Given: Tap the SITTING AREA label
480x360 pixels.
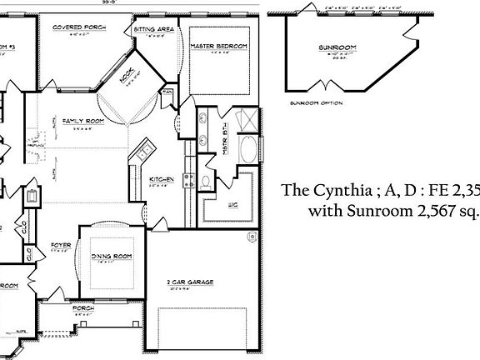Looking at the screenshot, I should [x=154, y=29].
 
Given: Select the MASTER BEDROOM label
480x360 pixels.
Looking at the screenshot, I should [x=219, y=47].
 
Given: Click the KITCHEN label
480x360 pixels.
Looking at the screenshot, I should [x=161, y=179].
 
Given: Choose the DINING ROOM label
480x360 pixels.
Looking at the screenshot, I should [x=111, y=255].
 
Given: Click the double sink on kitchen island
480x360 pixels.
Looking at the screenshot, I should [x=144, y=152].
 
